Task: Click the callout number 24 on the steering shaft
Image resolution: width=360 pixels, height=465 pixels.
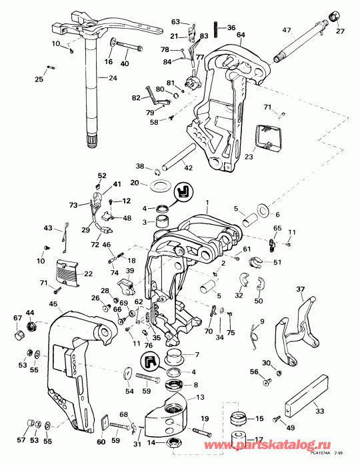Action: [x=112, y=78]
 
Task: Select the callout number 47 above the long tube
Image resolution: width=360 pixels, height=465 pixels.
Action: [x=287, y=31]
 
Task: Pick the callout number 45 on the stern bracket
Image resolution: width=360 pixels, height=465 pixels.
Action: [x=52, y=304]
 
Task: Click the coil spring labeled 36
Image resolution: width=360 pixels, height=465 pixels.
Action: [x=213, y=29]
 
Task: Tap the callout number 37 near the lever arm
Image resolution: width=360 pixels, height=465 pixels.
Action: [x=299, y=290]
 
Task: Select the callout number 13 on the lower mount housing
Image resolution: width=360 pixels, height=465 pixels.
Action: [x=199, y=398]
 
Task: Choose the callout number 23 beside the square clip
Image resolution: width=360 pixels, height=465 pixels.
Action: [x=248, y=158]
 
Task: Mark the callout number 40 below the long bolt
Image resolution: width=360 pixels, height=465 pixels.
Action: [x=125, y=64]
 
